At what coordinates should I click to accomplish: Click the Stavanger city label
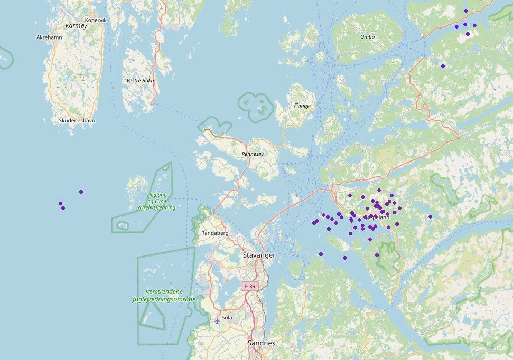[259, 255]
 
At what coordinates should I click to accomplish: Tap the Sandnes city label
[261, 343]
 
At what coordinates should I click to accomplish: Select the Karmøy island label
[76, 25]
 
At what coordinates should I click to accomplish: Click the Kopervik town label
[96, 20]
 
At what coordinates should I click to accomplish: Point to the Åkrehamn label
[49, 37]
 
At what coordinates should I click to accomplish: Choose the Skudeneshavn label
[77, 120]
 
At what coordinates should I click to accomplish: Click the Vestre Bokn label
[139, 81]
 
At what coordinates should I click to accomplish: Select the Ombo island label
[367, 37]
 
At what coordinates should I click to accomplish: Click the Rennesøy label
[252, 154]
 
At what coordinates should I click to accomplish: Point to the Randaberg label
[214, 233]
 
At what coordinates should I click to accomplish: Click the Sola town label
[227, 318]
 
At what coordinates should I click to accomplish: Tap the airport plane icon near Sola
[217, 320]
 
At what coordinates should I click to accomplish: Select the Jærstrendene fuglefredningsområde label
[164, 295]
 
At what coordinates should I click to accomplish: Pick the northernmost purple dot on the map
[465, 11]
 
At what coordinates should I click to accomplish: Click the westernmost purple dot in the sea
[60, 203]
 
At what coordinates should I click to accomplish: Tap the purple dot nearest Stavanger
[321, 254]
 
